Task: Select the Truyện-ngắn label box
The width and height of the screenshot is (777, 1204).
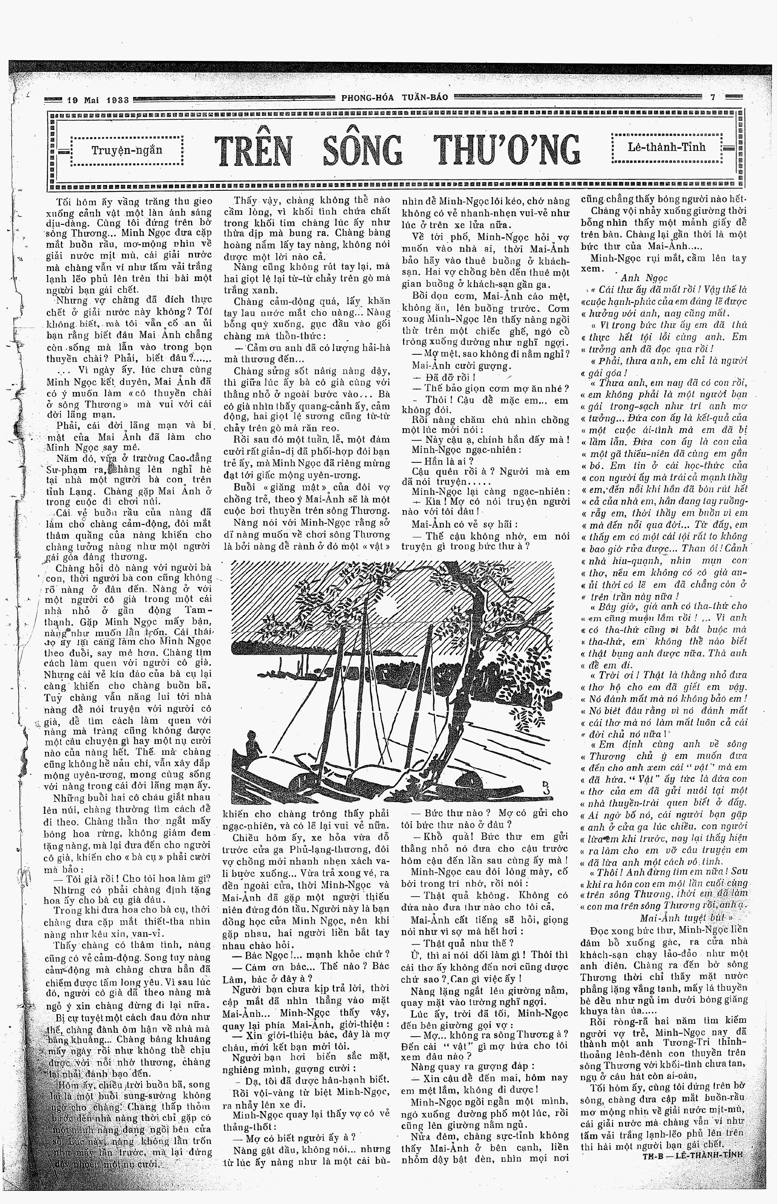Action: [x=127, y=150]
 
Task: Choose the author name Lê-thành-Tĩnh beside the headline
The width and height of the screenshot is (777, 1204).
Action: [x=666, y=148]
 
